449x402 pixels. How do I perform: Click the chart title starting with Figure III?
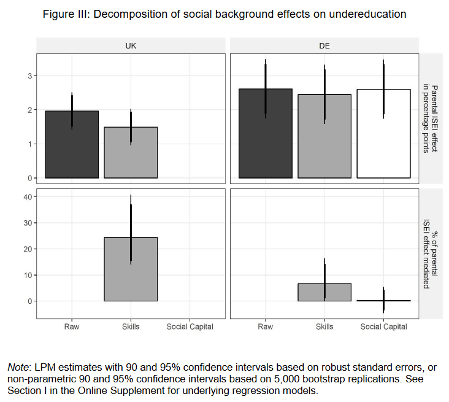(x=224, y=14)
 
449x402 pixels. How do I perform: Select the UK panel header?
(x=131, y=46)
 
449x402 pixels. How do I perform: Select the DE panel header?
(x=324, y=46)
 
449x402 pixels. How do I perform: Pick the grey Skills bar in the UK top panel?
(x=131, y=153)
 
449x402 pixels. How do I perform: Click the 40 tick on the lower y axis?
(x=27, y=197)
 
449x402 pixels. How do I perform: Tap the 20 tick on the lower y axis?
(x=27, y=249)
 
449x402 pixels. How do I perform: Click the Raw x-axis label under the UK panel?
(x=72, y=327)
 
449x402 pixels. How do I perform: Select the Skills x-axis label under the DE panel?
(x=324, y=327)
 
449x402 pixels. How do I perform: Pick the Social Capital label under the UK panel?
(x=190, y=327)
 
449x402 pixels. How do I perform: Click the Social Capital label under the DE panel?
(x=383, y=327)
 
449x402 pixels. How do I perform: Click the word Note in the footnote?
(x=19, y=367)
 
